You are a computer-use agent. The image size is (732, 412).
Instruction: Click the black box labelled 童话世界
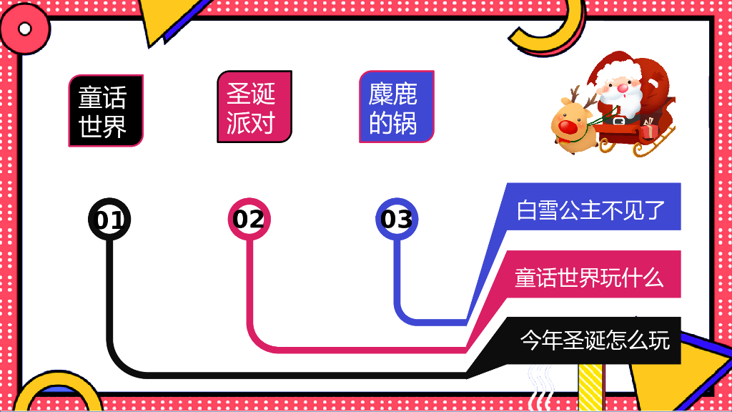pyautogui.click(x=106, y=111)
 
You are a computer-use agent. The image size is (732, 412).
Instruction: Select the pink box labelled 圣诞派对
pyautogui.click(x=254, y=107)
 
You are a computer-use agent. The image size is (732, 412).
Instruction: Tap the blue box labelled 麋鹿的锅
pyautogui.click(x=397, y=107)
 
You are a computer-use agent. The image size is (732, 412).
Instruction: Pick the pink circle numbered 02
pyautogui.click(x=249, y=219)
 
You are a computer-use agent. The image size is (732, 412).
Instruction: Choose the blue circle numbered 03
pyautogui.click(x=396, y=219)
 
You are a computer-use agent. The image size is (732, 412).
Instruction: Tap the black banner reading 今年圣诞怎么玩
pyautogui.click(x=593, y=340)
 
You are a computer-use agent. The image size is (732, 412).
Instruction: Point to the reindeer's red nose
pyautogui.click(x=568, y=127)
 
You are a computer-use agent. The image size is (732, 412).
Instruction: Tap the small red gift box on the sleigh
pyautogui.click(x=648, y=132)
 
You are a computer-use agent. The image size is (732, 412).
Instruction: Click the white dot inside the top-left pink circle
pyautogui.click(x=25, y=29)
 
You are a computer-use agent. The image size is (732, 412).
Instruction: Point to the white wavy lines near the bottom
pyautogui.click(x=541, y=386)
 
